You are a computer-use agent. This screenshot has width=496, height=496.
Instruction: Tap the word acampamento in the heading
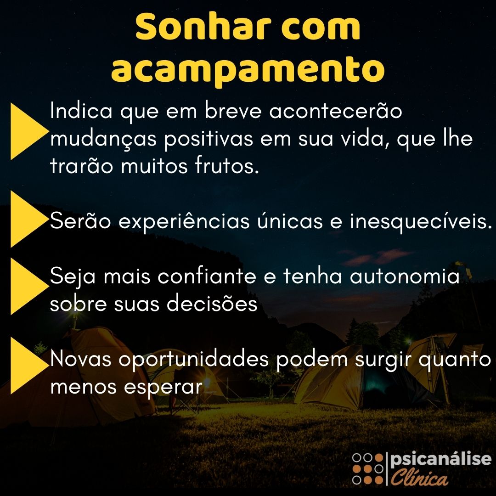248,70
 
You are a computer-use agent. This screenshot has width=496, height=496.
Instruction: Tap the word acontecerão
335,111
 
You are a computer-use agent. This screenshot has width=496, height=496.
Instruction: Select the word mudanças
103,139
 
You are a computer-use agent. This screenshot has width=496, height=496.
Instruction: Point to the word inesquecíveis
421,221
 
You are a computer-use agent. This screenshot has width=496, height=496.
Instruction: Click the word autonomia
405,276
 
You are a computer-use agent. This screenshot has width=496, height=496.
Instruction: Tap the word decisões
212,304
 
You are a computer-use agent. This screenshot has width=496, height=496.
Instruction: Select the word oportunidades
194,360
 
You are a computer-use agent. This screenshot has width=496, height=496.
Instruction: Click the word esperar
163,387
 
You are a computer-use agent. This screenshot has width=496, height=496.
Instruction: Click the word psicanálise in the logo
440,460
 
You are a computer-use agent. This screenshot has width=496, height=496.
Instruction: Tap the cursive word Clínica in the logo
419,477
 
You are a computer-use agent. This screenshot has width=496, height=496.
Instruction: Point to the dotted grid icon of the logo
367,469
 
